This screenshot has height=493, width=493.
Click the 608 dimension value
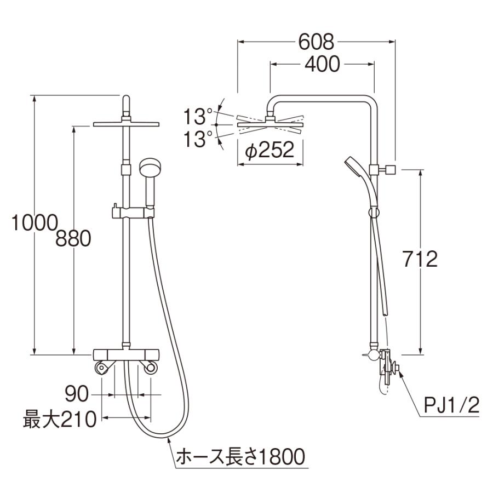tap(317, 41)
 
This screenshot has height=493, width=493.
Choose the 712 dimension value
tap(420, 259)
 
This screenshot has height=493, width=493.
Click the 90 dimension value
tap(78, 393)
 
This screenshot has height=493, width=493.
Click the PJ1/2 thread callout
tap(452, 406)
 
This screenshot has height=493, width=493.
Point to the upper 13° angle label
tap(198, 116)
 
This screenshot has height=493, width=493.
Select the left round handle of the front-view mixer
tap(101, 368)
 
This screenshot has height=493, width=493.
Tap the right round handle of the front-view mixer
tap(150, 368)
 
